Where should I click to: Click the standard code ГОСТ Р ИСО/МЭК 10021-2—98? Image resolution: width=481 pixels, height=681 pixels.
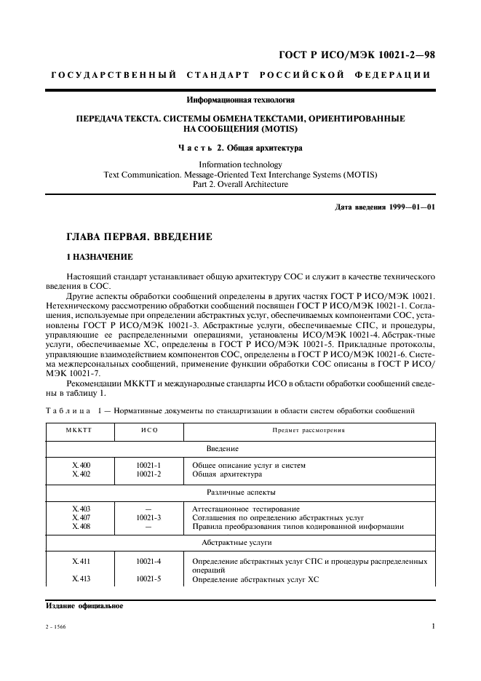click(x=358, y=55)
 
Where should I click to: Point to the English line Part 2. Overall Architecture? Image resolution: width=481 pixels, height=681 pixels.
click(x=241, y=184)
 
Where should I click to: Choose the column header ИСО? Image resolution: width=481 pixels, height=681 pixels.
click(x=148, y=430)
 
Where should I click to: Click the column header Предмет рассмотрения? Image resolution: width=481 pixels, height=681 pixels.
click(x=309, y=430)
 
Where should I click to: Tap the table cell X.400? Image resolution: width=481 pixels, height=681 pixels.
click(x=81, y=465)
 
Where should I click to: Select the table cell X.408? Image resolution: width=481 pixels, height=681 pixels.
click(x=81, y=526)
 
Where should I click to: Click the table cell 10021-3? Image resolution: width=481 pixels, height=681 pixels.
click(x=148, y=517)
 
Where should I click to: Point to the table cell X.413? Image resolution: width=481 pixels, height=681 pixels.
click(x=81, y=579)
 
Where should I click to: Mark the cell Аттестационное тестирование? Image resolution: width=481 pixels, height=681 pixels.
click(x=246, y=509)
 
